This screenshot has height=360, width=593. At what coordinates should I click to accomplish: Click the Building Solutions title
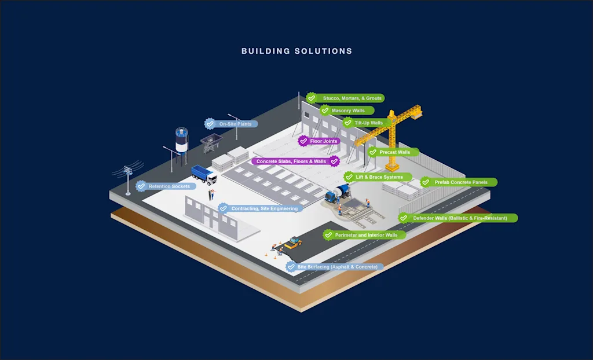296,51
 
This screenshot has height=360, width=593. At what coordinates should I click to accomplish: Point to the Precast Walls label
394,152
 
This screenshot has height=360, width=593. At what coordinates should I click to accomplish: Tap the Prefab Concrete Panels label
460,182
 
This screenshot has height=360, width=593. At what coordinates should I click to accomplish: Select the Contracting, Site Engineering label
263,208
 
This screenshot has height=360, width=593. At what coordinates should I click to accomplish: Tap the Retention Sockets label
169,186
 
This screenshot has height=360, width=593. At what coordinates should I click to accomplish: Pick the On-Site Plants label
235,124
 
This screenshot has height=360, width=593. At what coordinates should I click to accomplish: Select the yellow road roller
293,242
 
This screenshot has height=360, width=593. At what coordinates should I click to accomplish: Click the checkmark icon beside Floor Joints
303,141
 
